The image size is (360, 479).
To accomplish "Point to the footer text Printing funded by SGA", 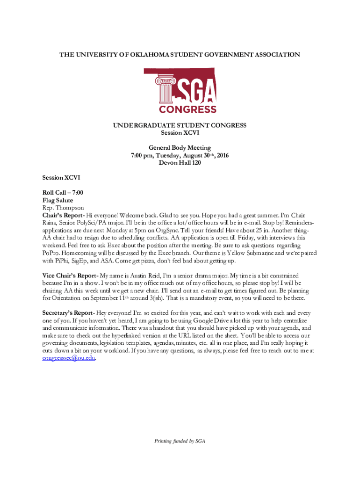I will pos(180,441).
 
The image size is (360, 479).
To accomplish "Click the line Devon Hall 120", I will pos(180,163).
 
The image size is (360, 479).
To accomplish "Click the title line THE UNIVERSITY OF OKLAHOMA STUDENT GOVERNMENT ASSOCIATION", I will pos(180,55).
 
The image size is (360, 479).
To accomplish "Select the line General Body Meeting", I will pos(180,148).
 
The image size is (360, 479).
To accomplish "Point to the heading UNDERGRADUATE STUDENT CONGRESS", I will pos(180,125).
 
